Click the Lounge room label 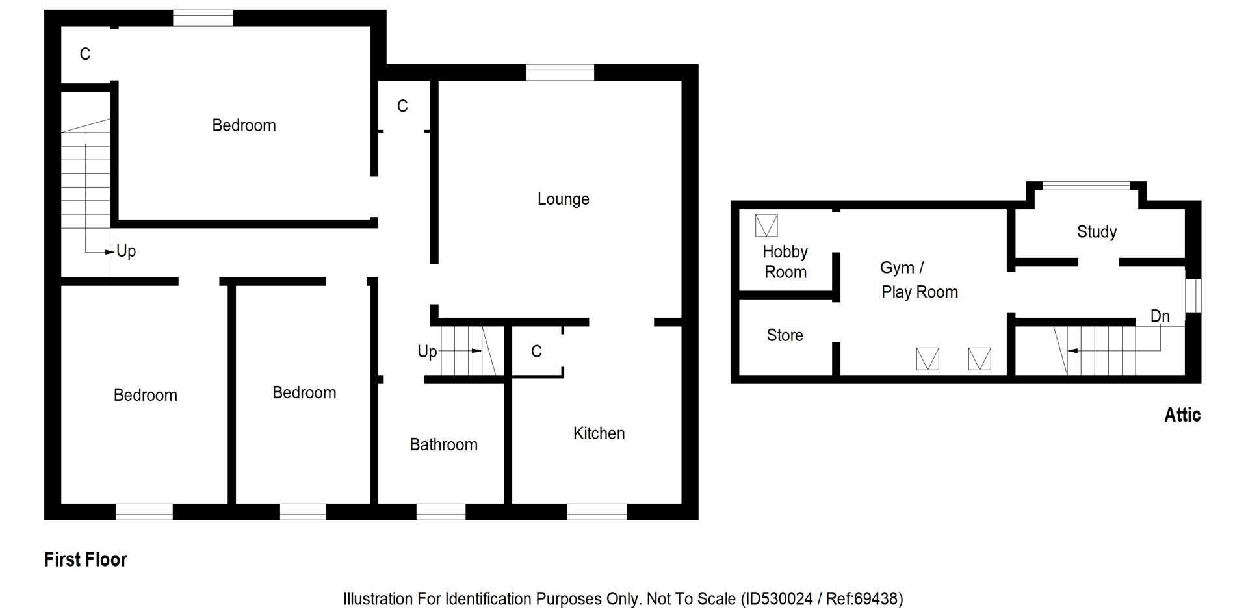click(x=563, y=199)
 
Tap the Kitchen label click(x=599, y=433)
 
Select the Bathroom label click(x=443, y=444)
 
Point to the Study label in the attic click(x=1097, y=232)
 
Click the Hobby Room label click(x=785, y=262)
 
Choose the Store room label click(x=785, y=335)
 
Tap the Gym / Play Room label click(x=918, y=280)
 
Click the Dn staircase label click(x=1160, y=316)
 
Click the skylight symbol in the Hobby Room click(x=766, y=225)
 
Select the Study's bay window click(x=1085, y=186)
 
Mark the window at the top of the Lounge click(x=560, y=72)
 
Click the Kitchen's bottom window click(x=597, y=512)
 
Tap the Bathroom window click(x=441, y=512)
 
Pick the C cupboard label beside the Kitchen click(x=536, y=352)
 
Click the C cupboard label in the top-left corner click(x=85, y=55)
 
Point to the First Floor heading click(x=86, y=559)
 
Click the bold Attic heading click(x=1182, y=415)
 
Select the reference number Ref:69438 click(x=862, y=598)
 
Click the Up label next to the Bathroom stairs click(x=427, y=352)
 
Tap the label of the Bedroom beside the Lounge click(x=244, y=125)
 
